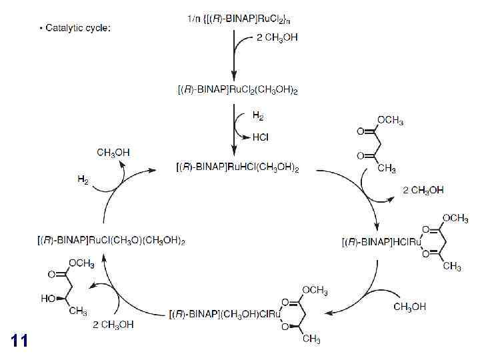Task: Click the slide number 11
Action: [x=19, y=341]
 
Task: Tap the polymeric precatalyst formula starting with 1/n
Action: [x=239, y=19]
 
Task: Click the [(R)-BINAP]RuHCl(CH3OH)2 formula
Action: [x=237, y=169]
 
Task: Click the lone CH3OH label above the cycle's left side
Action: [x=113, y=153]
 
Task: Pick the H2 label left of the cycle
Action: [x=83, y=180]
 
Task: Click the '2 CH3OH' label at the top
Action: [x=277, y=38]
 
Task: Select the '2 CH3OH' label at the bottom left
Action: [x=113, y=325]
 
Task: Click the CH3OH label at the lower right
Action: [x=410, y=307]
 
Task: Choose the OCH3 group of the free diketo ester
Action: [x=390, y=121]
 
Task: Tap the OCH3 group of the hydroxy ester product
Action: [x=81, y=264]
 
